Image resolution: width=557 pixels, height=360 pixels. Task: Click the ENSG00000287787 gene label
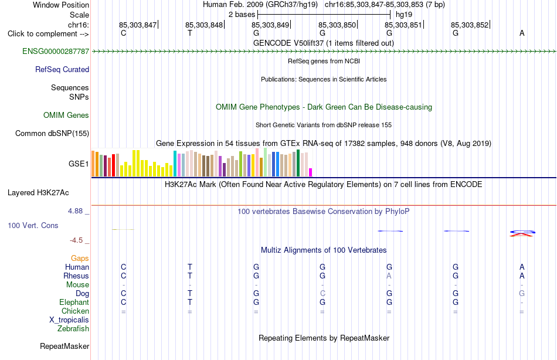click(x=56, y=51)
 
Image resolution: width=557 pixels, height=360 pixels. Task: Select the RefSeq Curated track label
click(x=62, y=69)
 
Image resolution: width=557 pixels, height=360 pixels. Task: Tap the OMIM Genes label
click(x=66, y=115)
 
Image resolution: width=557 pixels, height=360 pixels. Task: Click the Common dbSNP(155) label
click(x=52, y=133)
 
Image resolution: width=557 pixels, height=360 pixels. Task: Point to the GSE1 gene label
click(x=79, y=164)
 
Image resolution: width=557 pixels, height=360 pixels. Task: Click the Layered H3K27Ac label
click(x=38, y=193)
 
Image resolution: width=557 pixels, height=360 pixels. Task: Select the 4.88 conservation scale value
click(x=75, y=210)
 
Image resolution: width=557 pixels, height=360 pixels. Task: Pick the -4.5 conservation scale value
click(x=76, y=240)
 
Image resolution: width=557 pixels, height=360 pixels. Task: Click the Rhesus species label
click(x=76, y=276)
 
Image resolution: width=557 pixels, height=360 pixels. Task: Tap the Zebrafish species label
click(x=73, y=328)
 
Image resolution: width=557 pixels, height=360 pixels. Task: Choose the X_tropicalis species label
click(x=69, y=320)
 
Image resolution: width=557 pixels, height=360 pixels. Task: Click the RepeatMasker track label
click(x=64, y=346)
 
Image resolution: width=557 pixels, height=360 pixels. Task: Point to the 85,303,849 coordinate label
click(x=270, y=25)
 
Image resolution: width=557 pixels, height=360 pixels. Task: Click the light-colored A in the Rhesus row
click(x=389, y=276)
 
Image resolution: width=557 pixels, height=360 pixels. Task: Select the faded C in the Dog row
click(x=322, y=293)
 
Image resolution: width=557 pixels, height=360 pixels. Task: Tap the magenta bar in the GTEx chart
click(x=311, y=172)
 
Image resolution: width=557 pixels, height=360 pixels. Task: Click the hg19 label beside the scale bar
click(x=404, y=15)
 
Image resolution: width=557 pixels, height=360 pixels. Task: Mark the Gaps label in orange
click(x=80, y=259)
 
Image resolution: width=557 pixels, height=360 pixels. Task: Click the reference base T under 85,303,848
click(x=190, y=33)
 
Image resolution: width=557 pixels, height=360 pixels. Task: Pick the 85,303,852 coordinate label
click(x=470, y=25)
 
